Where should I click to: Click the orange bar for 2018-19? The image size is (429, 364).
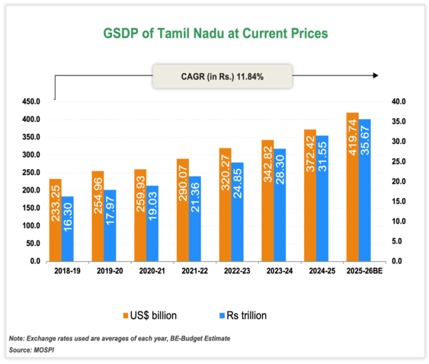click(56, 220)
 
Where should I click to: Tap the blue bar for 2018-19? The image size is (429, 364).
click(69, 229)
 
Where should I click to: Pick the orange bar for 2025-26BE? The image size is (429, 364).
click(352, 187)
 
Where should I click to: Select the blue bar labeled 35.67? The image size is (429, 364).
click(365, 190)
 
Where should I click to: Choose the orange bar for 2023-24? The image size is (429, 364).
click(267, 200)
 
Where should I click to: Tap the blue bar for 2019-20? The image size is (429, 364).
click(111, 225)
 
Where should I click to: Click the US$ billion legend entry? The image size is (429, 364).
click(152, 315)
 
